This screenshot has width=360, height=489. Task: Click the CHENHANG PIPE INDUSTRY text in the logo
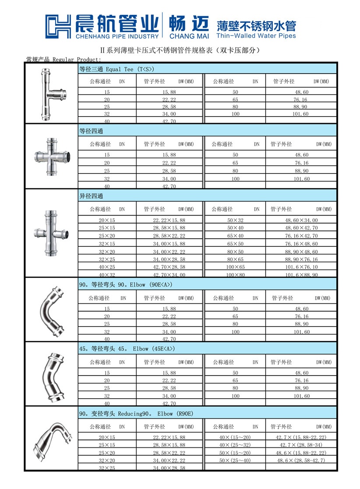118,36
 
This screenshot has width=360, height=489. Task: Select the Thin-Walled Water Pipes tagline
256,35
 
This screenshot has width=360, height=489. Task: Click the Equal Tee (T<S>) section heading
117,69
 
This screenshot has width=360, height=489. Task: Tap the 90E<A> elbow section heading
126,285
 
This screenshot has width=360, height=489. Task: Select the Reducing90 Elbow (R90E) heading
136,413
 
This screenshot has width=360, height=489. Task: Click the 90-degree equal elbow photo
49,309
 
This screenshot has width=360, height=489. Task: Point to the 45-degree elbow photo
49,373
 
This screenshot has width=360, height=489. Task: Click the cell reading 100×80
235,275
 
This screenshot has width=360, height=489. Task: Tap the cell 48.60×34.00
302,220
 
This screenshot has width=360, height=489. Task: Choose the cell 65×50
235,243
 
